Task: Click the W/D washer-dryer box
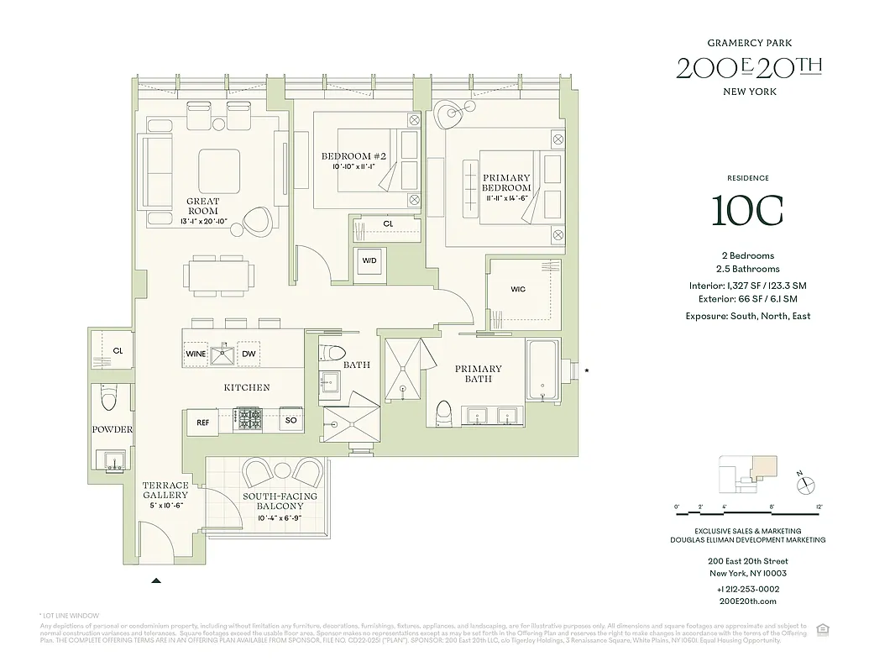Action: (x=370, y=260)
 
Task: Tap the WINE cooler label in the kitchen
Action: (x=196, y=354)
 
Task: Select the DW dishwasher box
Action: (x=249, y=354)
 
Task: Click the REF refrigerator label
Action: (x=203, y=423)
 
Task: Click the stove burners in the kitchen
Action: (x=249, y=417)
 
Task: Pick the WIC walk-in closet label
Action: (x=518, y=290)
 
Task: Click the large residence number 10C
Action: (x=747, y=211)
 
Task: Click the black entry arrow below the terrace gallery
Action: (x=156, y=580)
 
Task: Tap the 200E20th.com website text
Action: (x=747, y=601)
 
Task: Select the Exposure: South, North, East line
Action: (x=747, y=316)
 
